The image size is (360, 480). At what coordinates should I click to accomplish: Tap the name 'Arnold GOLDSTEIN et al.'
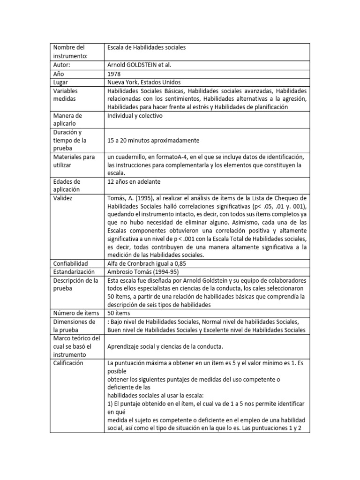click(x=142, y=65)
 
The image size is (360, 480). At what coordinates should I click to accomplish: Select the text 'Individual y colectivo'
click(x=135, y=116)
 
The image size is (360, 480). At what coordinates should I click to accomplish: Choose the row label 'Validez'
click(x=64, y=198)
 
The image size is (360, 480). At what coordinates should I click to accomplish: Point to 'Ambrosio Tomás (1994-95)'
click(x=143, y=272)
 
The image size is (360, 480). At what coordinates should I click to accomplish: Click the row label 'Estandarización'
click(x=74, y=272)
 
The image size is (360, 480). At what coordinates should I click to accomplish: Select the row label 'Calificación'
click(x=68, y=363)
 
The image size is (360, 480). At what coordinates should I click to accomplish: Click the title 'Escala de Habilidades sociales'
click(x=146, y=48)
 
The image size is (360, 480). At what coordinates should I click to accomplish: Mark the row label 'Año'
click(x=60, y=74)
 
